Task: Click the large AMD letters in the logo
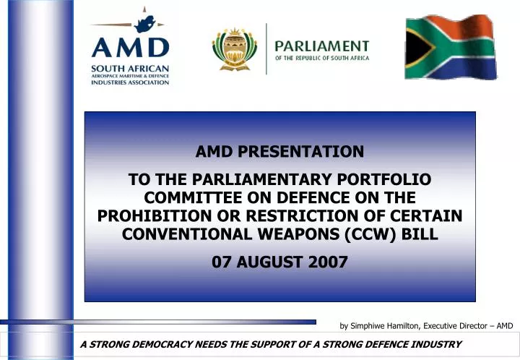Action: pyautogui.click(x=130, y=48)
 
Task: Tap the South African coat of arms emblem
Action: pyautogui.click(x=234, y=48)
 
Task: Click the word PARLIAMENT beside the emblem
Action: pyautogui.click(x=321, y=46)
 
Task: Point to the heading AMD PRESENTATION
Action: pyautogui.click(x=279, y=152)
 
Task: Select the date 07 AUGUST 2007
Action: pyautogui.click(x=279, y=262)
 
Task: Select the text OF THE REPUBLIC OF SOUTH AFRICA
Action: pyautogui.click(x=321, y=58)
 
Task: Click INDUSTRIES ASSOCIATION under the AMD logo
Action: pyautogui.click(x=130, y=82)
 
